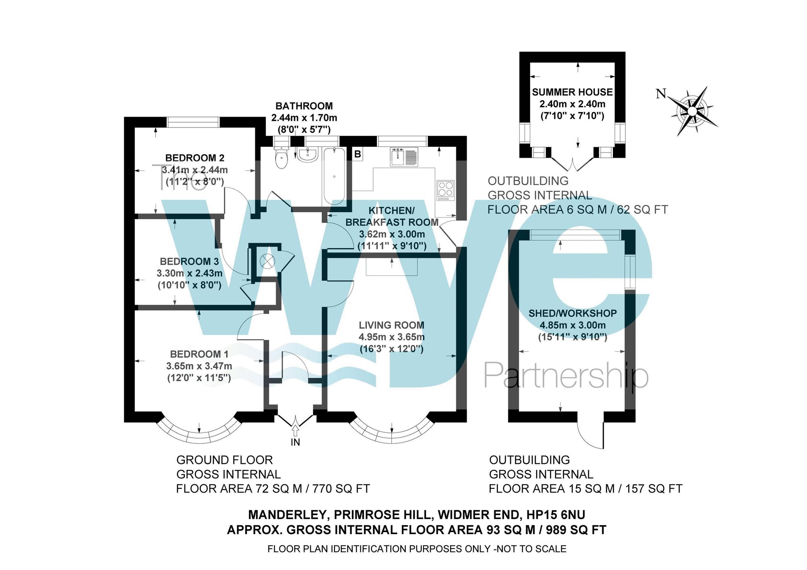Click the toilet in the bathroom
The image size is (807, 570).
(x=281, y=158)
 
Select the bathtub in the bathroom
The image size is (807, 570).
(x=334, y=176)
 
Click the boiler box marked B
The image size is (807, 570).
(x=358, y=154)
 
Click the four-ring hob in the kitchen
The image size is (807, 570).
(x=445, y=190)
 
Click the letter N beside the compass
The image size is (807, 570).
(x=661, y=94)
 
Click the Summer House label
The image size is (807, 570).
(x=572, y=92)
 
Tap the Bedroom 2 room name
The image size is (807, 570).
(x=194, y=158)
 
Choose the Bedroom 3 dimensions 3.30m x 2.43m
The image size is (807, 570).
(x=189, y=274)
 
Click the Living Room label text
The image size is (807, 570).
(x=391, y=325)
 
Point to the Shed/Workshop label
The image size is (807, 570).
(x=572, y=313)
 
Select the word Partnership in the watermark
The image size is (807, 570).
(x=566, y=376)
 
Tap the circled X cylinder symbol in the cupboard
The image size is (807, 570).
(x=267, y=261)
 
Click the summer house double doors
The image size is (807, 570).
(x=572, y=164)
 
